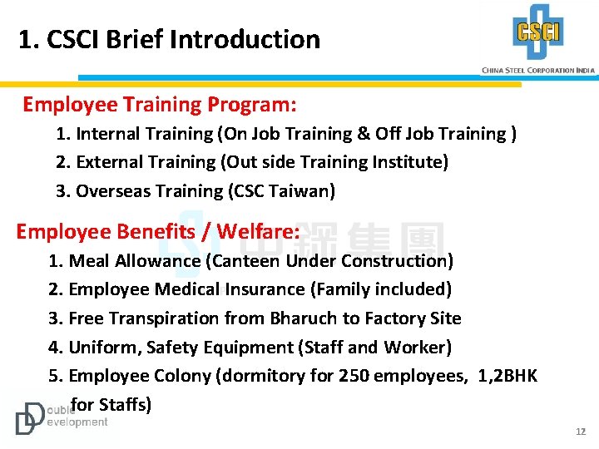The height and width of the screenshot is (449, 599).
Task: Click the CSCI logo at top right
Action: (538, 32)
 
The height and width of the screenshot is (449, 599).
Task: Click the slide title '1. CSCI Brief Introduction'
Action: (169, 39)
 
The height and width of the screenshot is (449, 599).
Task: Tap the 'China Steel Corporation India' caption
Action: (538, 71)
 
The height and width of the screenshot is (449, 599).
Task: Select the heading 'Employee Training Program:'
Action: (160, 105)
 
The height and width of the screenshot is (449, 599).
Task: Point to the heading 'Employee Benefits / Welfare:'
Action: (157, 231)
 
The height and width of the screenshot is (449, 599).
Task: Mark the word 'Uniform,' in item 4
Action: (105, 347)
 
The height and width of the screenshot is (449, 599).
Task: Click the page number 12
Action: (581, 432)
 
